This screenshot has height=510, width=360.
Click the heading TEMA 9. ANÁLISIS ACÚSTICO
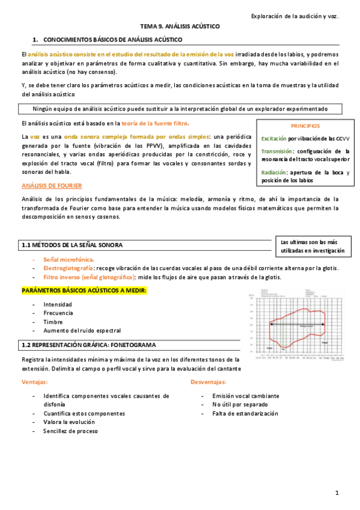[180, 27]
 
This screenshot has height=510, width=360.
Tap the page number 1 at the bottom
[338, 493]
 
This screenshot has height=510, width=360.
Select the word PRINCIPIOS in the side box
[305, 126]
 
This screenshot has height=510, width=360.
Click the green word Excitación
[274, 138]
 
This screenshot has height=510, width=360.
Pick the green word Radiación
[273, 172]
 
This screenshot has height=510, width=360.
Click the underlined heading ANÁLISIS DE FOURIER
[52, 186]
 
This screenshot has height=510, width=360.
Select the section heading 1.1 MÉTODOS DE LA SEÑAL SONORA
[72, 245]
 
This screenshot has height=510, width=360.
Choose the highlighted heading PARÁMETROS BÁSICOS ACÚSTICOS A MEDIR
[84, 290]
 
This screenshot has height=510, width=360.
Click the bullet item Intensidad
[58, 304]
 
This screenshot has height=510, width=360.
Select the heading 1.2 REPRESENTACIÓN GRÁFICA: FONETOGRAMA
[88, 345]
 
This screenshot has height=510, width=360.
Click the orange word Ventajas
[35, 382]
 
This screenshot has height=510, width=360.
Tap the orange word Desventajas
[209, 382]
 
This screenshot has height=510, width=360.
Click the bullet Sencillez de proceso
[70, 431]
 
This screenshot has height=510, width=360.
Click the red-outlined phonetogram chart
[296, 325]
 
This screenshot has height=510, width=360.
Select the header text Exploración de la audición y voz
[294, 16]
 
